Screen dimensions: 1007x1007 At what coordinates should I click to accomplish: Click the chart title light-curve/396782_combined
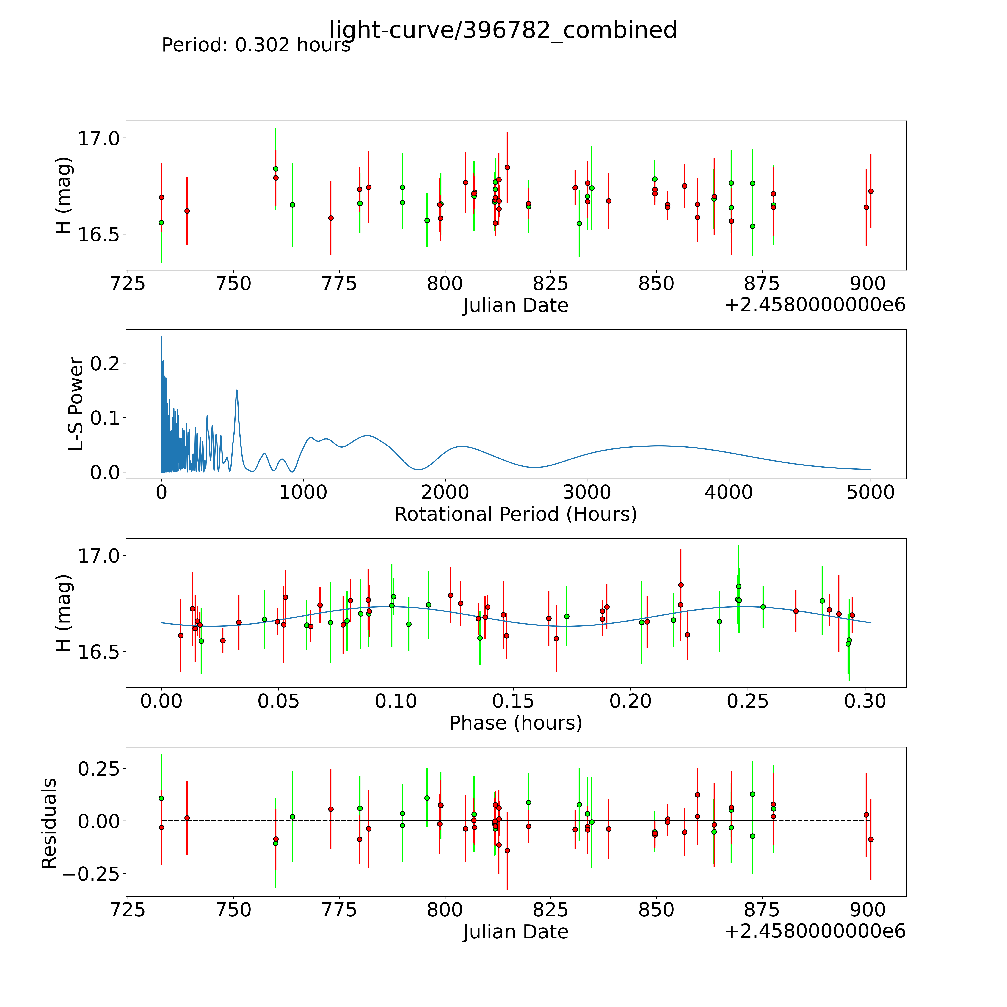(x=503, y=30)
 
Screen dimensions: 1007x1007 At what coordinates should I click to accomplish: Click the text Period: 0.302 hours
(x=256, y=45)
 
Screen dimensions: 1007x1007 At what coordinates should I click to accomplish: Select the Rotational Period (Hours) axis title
(x=515, y=515)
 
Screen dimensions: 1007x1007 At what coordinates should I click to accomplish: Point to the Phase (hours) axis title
(x=515, y=723)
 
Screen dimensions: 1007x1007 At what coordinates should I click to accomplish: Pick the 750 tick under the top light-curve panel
(x=233, y=284)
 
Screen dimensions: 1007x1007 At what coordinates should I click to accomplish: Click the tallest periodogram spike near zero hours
(x=161, y=337)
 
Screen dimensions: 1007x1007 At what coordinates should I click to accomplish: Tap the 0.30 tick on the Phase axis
(x=865, y=701)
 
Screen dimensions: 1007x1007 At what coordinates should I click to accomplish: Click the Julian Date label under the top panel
(x=515, y=305)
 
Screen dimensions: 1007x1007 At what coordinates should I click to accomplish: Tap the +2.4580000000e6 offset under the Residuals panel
(x=815, y=931)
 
